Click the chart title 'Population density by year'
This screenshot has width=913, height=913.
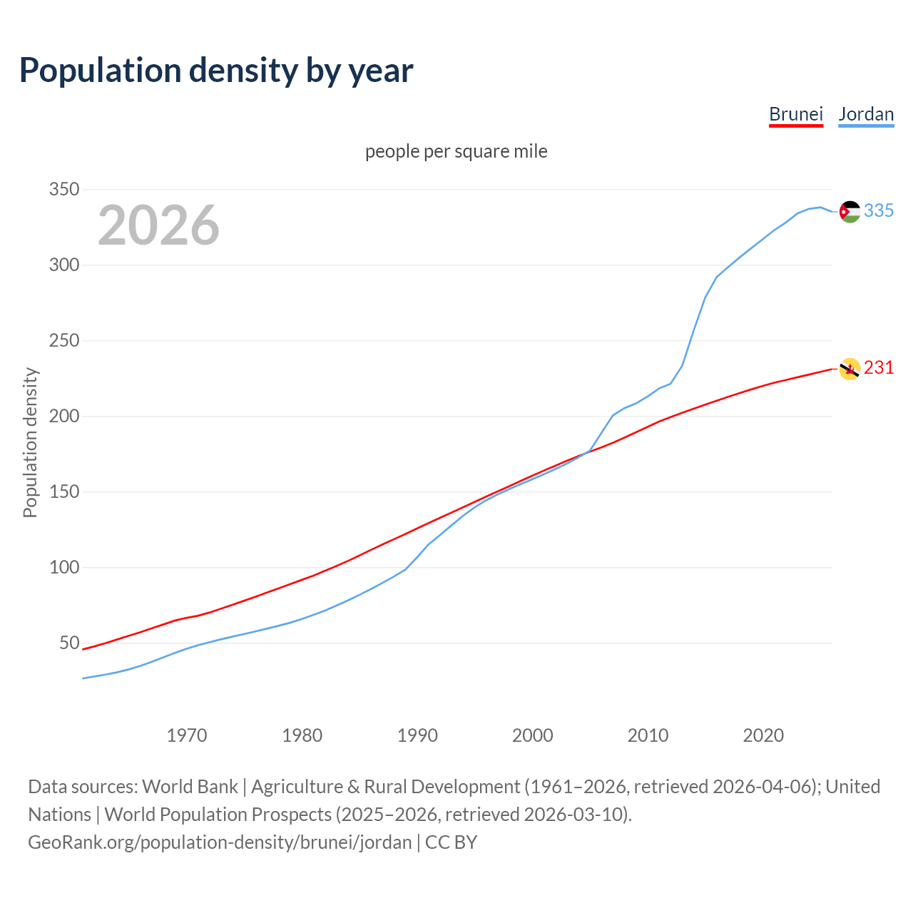(x=216, y=71)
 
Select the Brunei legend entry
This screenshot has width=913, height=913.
(x=796, y=114)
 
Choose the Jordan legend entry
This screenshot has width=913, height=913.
(x=866, y=114)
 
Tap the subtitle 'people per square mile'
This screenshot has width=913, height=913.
(x=456, y=152)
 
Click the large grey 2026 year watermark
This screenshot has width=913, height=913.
(x=158, y=225)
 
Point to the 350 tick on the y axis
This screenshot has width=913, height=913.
(x=63, y=190)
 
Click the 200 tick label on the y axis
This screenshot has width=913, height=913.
(x=63, y=417)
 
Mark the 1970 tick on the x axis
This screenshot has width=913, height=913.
(x=187, y=735)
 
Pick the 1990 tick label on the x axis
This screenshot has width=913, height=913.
(x=417, y=735)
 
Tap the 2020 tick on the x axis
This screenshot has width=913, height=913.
(x=763, y=735)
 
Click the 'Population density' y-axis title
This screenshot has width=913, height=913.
(x=30, y=442)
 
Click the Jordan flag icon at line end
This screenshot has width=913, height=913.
(x=850, y=212)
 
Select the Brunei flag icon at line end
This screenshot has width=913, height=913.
(x=850, y=369)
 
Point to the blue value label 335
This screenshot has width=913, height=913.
(x=879, y=211)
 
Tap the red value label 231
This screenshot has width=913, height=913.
(x=879, y=368)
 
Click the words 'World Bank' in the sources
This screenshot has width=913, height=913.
(x=190, y=787)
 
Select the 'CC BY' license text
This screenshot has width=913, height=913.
(x=451, y=842)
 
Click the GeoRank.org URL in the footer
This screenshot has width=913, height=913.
(x=220, y=842)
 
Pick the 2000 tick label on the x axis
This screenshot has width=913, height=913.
(x=533, y=735)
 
